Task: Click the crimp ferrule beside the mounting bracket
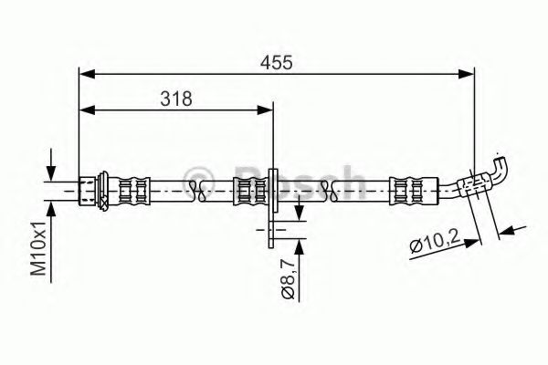pos(247,189)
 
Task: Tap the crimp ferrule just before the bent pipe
pos(403,189)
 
